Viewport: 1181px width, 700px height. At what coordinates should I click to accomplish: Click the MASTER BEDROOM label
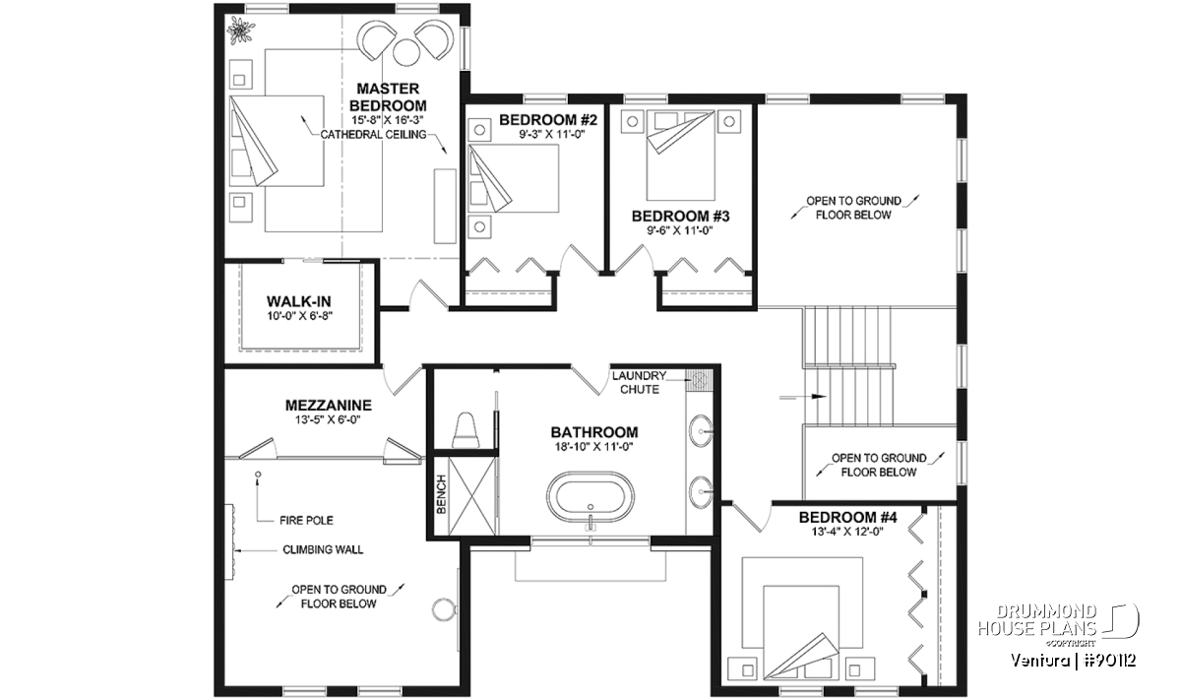point(388,96)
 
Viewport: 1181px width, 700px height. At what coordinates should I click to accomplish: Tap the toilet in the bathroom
point(466,430)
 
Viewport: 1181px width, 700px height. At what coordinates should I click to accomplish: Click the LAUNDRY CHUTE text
point(639,382)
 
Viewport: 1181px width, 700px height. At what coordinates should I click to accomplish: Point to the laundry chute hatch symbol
point(699,380)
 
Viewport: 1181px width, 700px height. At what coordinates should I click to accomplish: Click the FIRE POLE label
point(306,521)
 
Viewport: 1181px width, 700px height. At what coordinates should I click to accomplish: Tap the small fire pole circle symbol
point(258,475)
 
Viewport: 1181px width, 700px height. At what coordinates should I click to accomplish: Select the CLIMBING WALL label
point(323,549)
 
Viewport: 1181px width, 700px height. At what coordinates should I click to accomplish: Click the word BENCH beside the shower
point(441,494)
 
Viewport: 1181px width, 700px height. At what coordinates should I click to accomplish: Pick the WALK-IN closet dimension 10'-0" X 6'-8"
point(299,316)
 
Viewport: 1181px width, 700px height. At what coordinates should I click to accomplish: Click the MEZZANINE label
point(329,405)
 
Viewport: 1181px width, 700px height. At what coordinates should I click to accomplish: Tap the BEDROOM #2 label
point(548,120)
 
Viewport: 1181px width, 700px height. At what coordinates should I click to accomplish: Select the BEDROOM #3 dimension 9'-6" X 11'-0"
point(680,230)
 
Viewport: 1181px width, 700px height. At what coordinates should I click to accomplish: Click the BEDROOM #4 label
point(848,517)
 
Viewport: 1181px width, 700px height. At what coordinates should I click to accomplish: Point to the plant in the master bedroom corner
point(240,31)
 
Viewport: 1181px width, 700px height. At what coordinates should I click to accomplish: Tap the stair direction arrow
point(802,396)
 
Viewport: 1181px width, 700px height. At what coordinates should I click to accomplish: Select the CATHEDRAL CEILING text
point(373,135)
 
